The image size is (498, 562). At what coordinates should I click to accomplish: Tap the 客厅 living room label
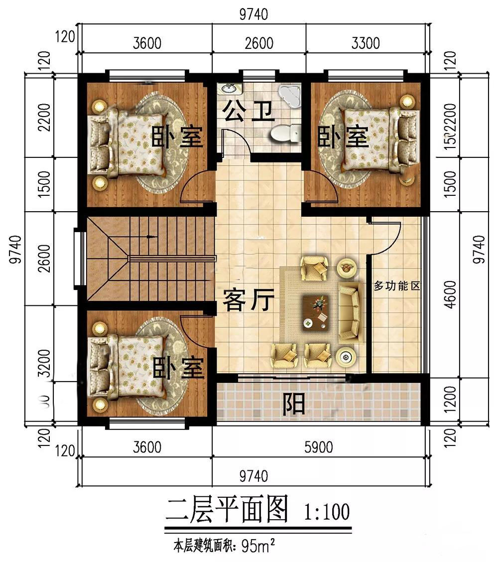(x=249, y=301)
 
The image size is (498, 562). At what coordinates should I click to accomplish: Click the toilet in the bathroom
(x=284, y=133)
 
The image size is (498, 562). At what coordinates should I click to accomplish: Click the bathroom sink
(x=230, y=89)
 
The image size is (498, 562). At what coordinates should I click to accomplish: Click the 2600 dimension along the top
(x=259, y=43)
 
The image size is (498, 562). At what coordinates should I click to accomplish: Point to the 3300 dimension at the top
(x=366, y=43)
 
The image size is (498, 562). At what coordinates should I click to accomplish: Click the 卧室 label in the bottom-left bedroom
(x=178, y=369)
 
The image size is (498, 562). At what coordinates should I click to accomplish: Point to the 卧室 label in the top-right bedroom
(x=344, y=136)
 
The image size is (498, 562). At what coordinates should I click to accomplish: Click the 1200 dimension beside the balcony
(x=451, y=402)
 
